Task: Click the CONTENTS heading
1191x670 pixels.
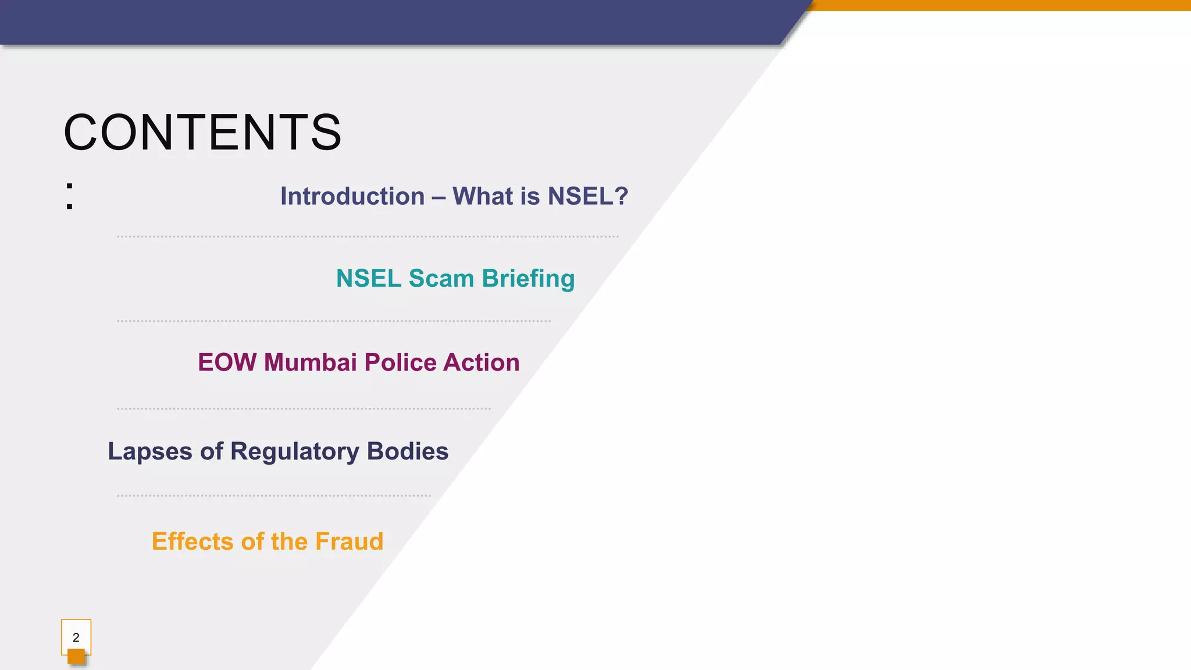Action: click(202, 133)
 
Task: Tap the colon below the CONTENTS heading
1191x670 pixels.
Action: click(70, 196)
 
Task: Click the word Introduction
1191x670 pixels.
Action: click(352, 197)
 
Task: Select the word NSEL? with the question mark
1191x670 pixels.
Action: click(588, 197)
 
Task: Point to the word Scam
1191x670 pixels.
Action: click(441, 279)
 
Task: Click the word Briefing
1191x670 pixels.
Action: click(528, 279)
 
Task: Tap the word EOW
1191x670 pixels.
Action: click(227, 362)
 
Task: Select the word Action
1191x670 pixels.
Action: click(482, 362)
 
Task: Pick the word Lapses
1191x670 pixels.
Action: click(150, 452)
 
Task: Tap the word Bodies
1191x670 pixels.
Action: click(408, 451)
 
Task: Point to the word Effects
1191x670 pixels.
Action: click(193, 541)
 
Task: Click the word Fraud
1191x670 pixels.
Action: click(350, 541)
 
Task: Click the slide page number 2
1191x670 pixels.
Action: click(76, 637)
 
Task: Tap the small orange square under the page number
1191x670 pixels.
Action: click(76, 657)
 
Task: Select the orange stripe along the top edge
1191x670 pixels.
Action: click(1000, 5)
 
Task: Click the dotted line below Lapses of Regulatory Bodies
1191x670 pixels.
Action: click(273, 496)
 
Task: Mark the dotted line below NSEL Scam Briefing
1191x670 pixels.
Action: click(333, 321)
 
